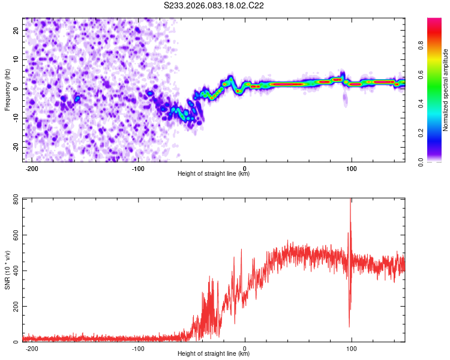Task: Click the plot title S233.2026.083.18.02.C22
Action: tap(214, 5)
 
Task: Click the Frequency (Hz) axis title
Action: tap(7, 89)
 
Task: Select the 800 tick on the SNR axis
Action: tap(14, 199)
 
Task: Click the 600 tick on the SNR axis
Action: tap(14, 235)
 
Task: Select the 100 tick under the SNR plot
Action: tap(351, 348)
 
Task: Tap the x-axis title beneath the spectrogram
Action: tap(214, 174)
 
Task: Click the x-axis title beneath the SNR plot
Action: tap(214, 354)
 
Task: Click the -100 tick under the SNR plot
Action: tap(138, 348)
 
